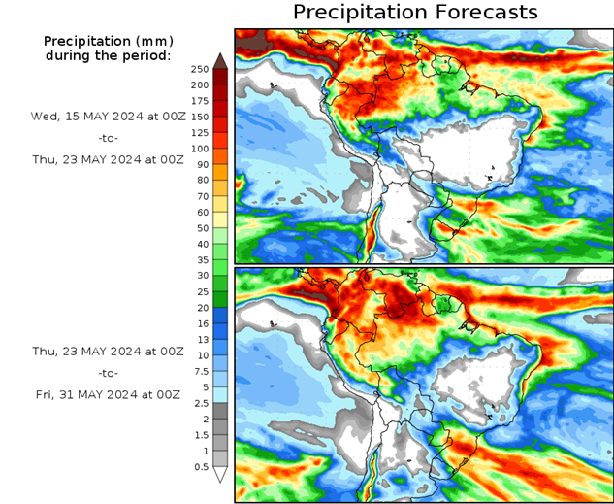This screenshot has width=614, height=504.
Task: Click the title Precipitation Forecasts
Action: point(414,13)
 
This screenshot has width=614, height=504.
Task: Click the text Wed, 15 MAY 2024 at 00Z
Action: point(107,116)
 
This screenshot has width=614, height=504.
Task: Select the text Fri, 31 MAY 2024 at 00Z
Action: point(107,394)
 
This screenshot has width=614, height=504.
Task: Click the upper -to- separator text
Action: point(107,138)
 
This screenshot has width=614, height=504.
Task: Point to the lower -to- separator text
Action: point(107,372)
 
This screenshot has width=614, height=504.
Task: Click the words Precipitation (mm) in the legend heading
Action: point(107,41)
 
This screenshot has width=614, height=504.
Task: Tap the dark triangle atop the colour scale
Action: point(220,60)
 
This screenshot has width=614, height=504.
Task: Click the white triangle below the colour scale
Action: point(220,475)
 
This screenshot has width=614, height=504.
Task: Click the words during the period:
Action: point(107,55)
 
